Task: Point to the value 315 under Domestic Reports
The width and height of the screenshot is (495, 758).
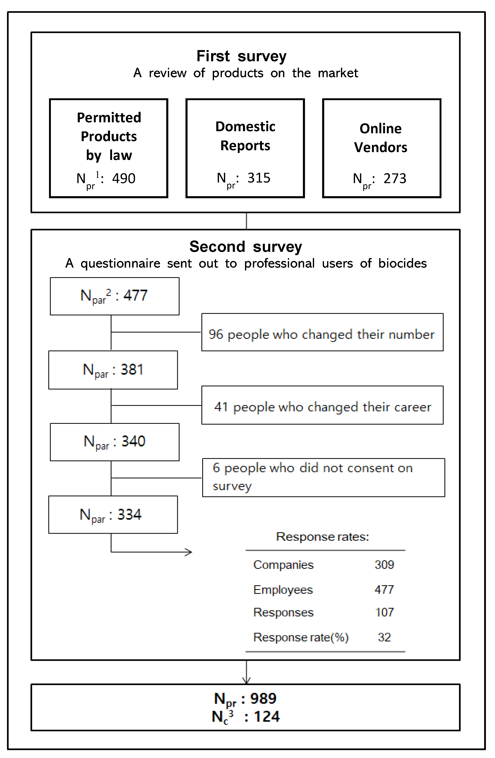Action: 259,178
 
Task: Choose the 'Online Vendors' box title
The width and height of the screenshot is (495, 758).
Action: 380,138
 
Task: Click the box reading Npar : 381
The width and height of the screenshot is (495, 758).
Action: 113,370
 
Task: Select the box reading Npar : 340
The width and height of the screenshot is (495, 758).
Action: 115,442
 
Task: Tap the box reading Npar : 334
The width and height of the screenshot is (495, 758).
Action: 113,514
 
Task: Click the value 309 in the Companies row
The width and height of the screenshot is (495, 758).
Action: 384,565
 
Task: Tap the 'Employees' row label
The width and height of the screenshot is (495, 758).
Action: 283,590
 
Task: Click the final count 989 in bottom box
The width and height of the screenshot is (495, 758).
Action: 263,698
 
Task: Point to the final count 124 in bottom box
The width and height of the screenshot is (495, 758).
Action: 267,717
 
